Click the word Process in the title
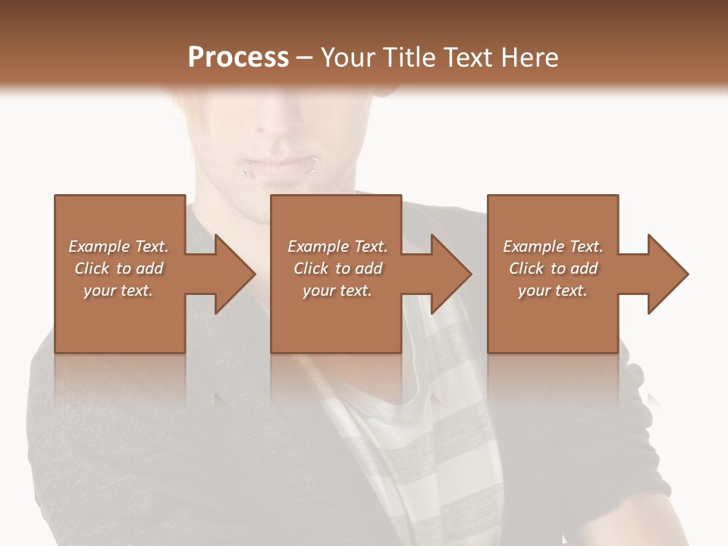coord(238,58)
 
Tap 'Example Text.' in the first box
coord(119,246)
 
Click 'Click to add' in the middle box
coord(337,268)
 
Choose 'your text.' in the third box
coord(553,290)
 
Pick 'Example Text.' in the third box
coord(553,246)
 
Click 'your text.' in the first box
coord(119,290)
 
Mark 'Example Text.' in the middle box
coord(337,246)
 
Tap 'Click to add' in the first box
coord(119,268)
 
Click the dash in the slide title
coord(305,58)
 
